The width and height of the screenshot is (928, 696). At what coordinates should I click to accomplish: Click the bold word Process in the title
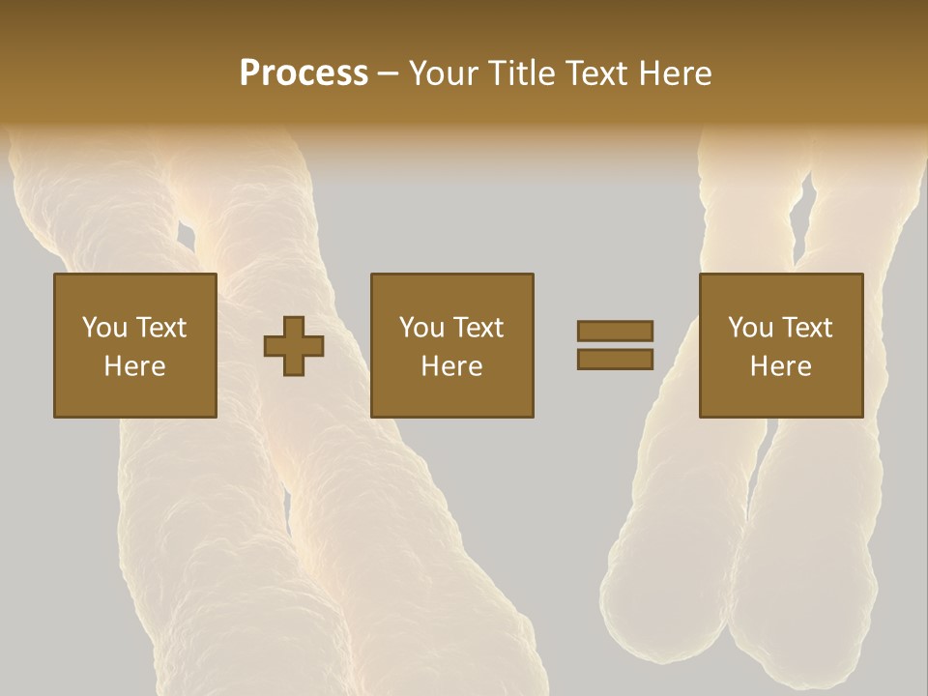(x=304, y=73)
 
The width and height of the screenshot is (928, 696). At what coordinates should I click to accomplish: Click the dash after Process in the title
(x=388, y=75)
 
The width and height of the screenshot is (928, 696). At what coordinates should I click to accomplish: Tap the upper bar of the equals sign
(x=615, y=332)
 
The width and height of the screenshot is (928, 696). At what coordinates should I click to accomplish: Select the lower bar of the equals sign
(x=615, y=359)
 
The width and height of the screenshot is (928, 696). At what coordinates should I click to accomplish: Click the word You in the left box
(x=104, y=328)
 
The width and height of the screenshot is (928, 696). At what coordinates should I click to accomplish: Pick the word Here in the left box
(x=134, y=366)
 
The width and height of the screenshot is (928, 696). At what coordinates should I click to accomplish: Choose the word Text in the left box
(x=160, y=328)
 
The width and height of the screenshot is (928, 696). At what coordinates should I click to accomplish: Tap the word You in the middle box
(x=421, y=328)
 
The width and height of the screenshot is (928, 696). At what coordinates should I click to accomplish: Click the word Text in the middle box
(x=478, y=328)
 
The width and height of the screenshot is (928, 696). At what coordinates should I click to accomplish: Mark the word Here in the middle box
(x=451, y=366)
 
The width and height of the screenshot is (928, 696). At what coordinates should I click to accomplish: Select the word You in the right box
(x=750, y=328)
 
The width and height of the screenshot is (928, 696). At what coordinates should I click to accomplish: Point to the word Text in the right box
(x=806, y=328)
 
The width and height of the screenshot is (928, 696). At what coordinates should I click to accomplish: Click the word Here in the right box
(x=780, y=366)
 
